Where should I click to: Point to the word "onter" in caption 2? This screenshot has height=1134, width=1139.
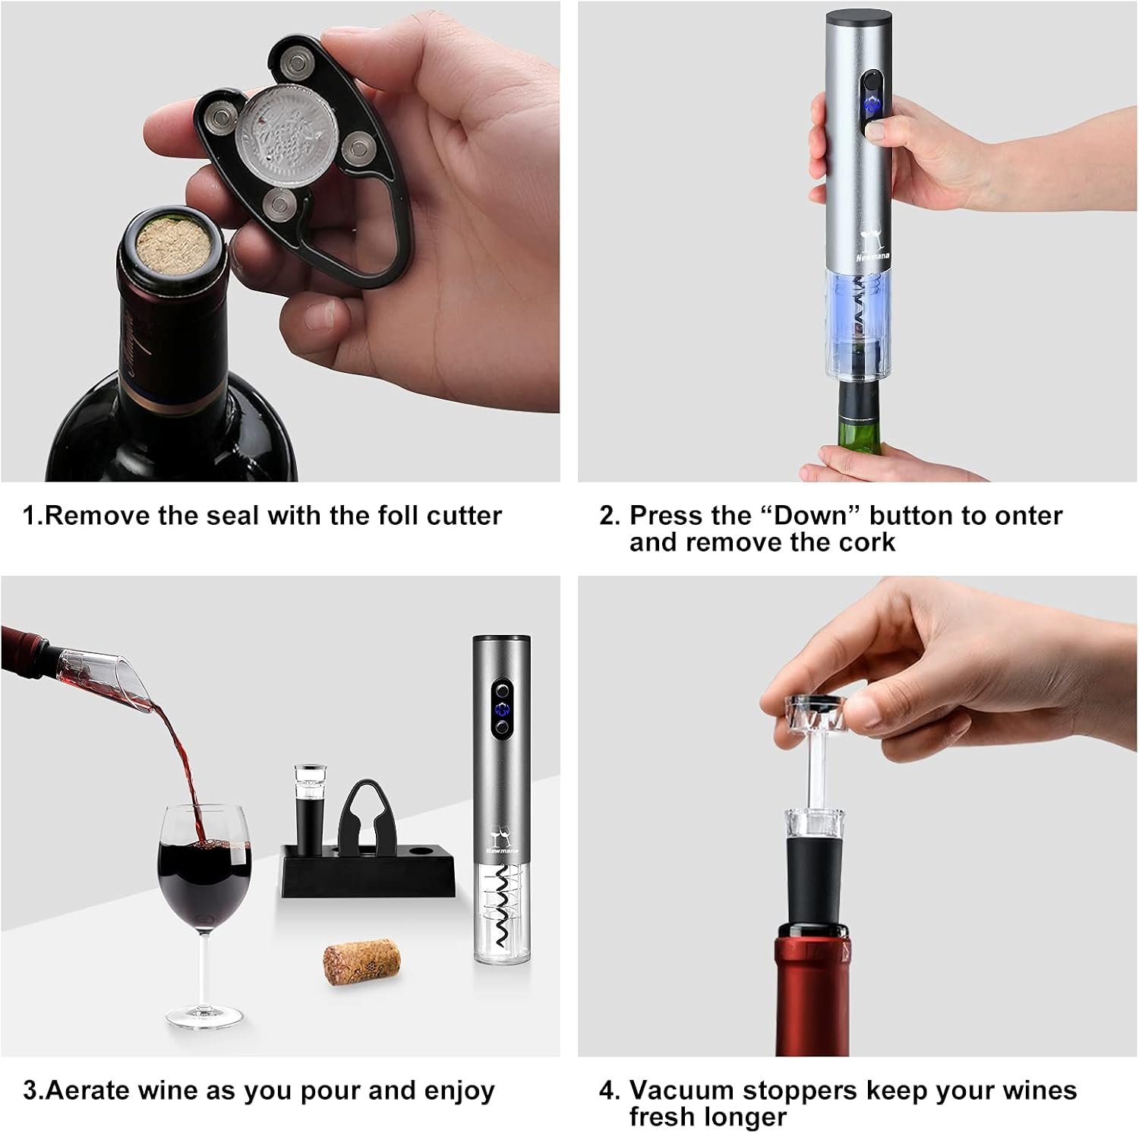pyautogui.click(x=1028, y=516)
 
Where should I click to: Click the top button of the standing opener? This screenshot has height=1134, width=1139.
pyautogui.click(x=501, y=692)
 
